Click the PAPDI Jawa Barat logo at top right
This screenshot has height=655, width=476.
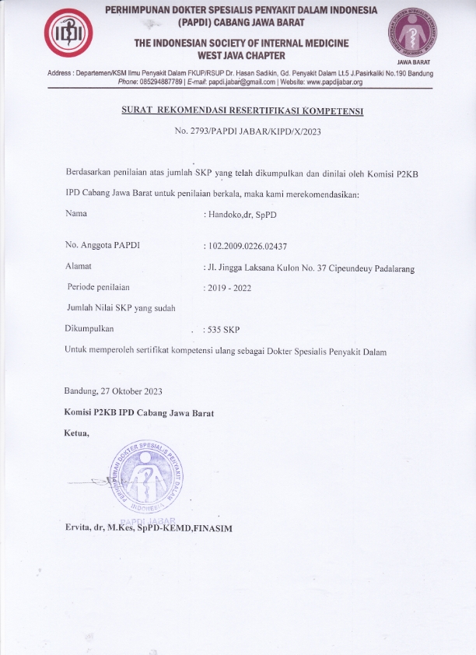pyautogui.click(x=412, y=33)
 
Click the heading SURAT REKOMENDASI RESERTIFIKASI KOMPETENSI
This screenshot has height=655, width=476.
pyautogui.click(x=243, y=111)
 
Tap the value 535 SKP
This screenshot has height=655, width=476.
pyautogui.click(x=223, y=330)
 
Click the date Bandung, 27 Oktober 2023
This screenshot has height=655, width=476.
pyautogui.click(x=114, y=391)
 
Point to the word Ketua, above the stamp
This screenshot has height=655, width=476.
pyautogui.click(x=77, y=433)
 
